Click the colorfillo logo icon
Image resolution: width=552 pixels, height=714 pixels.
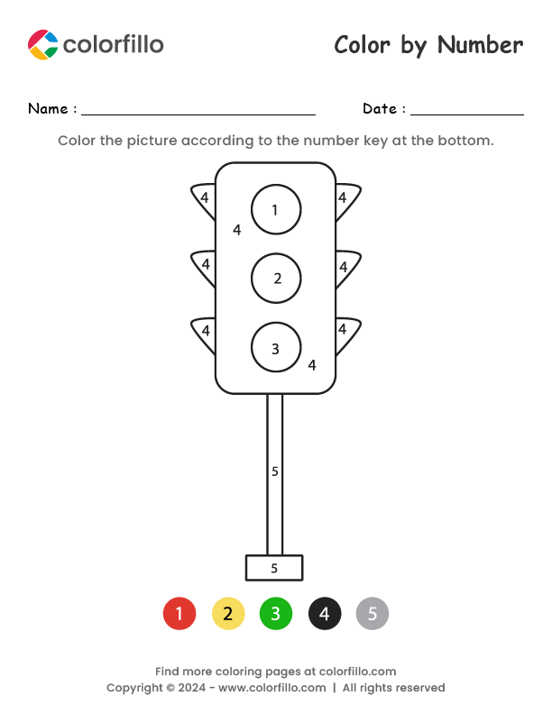click(42, 44)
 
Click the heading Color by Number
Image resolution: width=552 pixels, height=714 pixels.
click(428, 45)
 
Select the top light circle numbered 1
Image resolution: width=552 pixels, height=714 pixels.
click(276, 209)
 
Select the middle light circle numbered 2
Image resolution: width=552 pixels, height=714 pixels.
click(276, 278)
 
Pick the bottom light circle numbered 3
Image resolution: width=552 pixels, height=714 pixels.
click(276, 348)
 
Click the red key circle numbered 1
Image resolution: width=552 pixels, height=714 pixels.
click(179, 615)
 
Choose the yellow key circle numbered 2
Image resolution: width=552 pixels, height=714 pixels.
click(228, 615)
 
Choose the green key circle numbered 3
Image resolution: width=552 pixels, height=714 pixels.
click(276, 615)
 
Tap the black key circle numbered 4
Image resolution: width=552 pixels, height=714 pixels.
click(325, 615)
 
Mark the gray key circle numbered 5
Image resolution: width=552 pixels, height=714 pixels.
click(373, 615)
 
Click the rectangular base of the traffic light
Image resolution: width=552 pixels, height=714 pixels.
click(274, 568)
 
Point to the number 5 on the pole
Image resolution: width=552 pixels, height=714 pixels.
click(275, 471)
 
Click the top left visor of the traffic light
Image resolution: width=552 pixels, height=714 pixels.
click(205, 199)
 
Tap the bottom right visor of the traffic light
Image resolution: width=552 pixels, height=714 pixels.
click(345, 332)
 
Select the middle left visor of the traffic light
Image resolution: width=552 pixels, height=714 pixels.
click(205, 266)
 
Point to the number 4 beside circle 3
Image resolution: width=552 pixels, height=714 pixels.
click(312, 365)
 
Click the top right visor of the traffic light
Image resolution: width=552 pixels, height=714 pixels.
click(345, 199)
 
